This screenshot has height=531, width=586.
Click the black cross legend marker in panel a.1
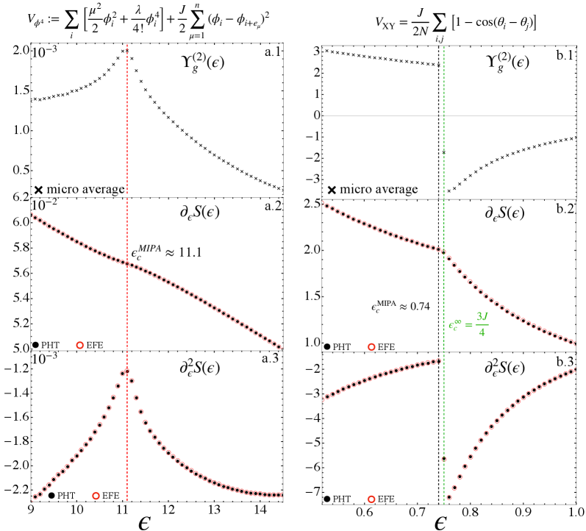(x=38, y=190)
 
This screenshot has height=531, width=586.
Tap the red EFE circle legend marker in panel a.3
(x=97, y=496)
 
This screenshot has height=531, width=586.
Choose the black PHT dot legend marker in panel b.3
(x=326, y=499)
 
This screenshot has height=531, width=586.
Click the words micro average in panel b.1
(x=383, y=190)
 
